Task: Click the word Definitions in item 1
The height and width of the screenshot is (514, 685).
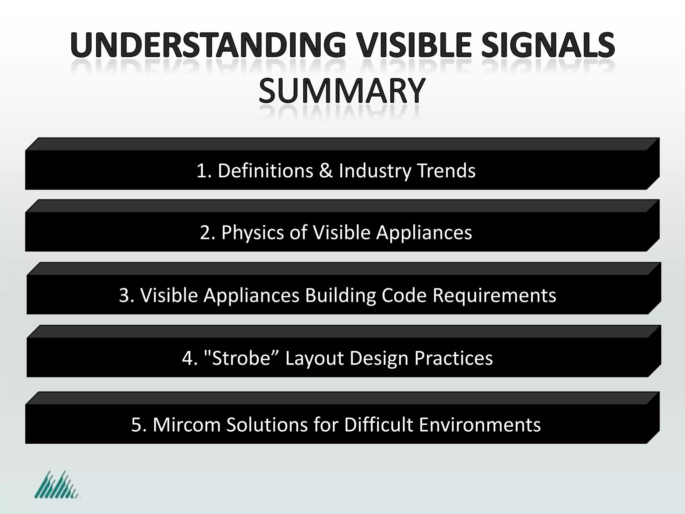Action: click(265, 171)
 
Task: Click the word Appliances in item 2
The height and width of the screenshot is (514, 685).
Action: click(424, 233)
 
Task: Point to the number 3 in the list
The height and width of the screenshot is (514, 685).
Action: click(124, 295)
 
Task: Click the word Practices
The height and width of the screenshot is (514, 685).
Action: click(454, 358)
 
